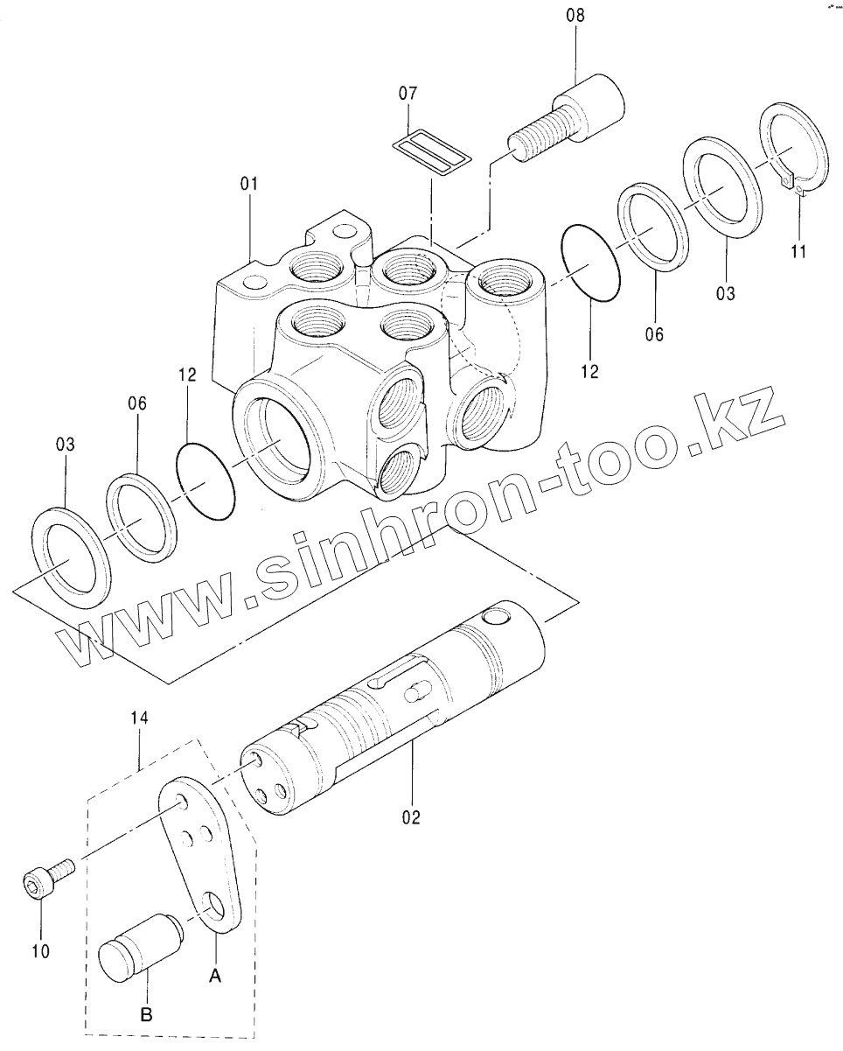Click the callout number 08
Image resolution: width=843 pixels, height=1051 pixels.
click(576, 16)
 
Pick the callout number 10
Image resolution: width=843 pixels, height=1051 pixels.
click(41, 949)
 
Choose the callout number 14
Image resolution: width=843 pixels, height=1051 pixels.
click(140, 718)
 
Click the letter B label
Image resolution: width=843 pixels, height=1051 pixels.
click(146, 1015)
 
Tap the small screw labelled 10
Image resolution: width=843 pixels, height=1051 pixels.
click(48, 878)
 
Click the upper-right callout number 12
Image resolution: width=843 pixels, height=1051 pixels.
click(590, 371)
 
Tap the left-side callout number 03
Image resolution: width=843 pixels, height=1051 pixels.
click(66, 445)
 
